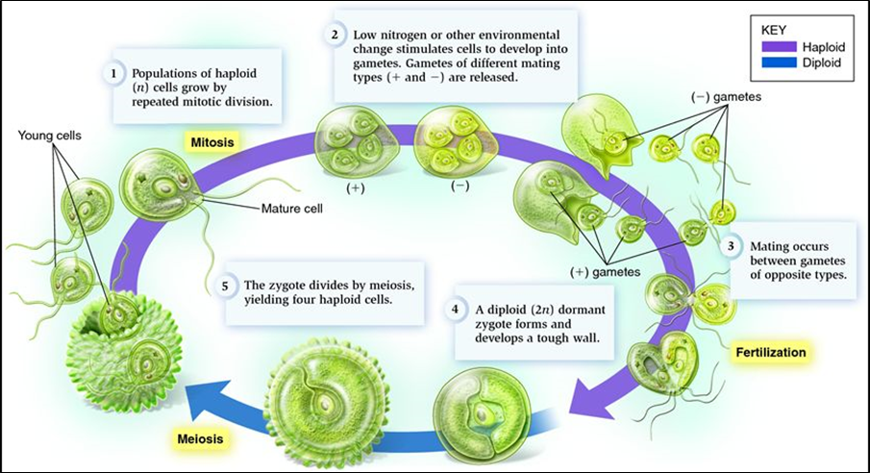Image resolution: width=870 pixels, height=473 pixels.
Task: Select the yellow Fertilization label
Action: point(772,352)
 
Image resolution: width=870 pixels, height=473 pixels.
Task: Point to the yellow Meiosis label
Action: point(202,439)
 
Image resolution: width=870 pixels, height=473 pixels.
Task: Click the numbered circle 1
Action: point(113,72)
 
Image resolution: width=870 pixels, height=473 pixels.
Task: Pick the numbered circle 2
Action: point(335,35)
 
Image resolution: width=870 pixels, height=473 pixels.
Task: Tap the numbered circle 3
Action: point(732,246)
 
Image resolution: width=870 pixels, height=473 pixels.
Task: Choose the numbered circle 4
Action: point(455,310)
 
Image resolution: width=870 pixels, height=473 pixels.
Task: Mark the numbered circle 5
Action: point(223,285)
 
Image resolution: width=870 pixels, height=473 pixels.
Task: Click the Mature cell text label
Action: point(294,207)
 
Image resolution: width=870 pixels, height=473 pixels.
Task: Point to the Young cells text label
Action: point(50,136)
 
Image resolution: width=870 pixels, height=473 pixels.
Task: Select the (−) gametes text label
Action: point(724,97)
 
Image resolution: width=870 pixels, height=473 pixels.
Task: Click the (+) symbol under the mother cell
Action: point(356,187)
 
